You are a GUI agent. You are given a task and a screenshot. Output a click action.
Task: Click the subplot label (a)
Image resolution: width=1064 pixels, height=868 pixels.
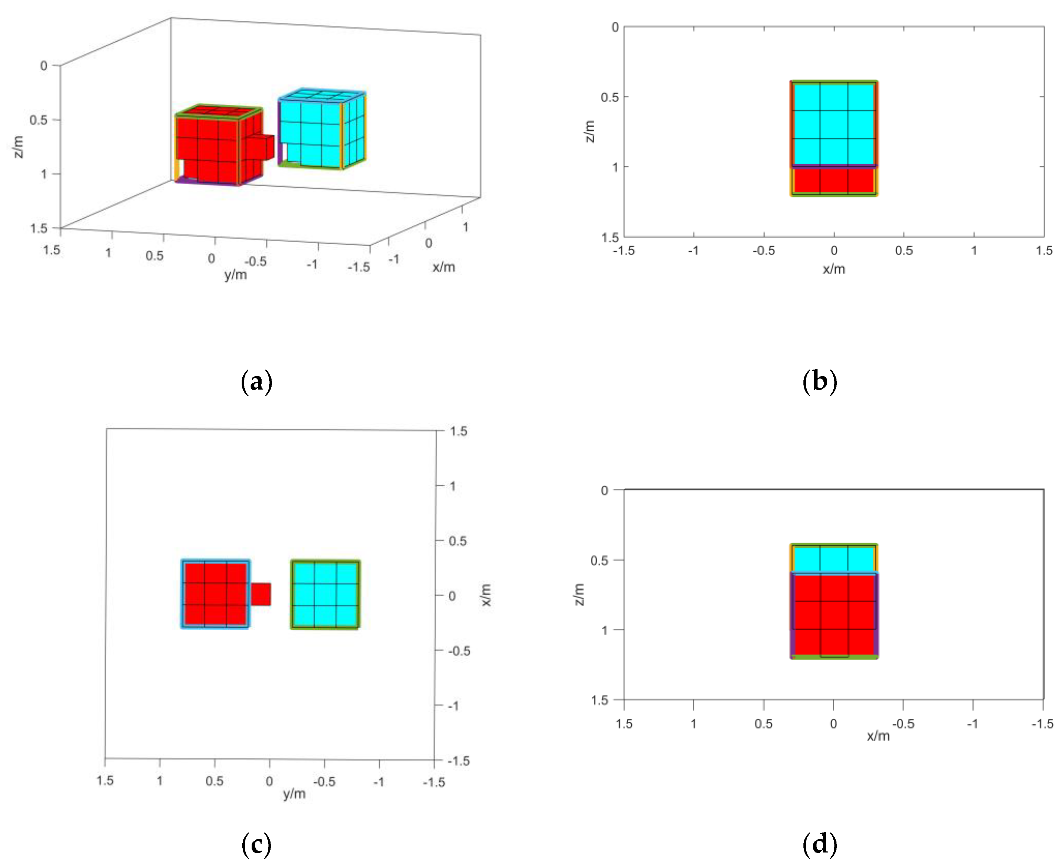point(256,382)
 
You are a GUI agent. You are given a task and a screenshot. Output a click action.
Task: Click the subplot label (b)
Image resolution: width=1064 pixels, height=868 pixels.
point(820,382)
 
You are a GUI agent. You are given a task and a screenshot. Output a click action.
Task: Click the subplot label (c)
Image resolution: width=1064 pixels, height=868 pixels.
point(256,845)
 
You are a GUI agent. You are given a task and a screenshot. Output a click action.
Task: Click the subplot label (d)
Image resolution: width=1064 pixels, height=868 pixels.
point(820,845)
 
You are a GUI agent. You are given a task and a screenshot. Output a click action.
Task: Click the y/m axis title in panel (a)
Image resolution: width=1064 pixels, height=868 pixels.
point(235,274)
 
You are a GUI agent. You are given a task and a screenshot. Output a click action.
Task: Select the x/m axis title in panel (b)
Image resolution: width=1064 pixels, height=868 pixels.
point(834,269)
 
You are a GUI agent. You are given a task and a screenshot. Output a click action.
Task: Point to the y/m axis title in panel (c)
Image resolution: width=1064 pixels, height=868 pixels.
point(294,794)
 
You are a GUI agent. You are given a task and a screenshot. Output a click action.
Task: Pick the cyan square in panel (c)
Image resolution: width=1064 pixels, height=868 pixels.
point(325,594)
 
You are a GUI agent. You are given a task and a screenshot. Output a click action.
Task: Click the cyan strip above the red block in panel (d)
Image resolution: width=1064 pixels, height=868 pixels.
point(834,559)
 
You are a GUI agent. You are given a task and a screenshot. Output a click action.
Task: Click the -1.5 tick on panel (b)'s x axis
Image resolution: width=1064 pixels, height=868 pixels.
point(624,250)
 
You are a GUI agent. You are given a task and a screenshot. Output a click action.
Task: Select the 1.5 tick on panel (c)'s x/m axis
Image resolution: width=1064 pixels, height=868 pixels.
point(458,431)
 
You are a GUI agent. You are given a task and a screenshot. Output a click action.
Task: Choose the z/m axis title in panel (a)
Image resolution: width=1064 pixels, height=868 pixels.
point(19,146)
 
